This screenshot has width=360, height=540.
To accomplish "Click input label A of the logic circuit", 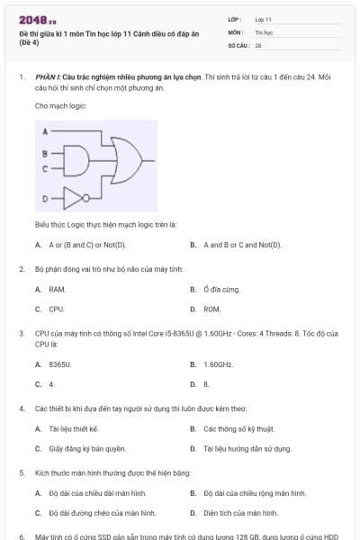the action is coord(44,131).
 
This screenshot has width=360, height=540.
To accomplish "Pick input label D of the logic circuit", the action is coord(44,197).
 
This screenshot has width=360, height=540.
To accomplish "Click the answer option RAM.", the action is coord(57,289).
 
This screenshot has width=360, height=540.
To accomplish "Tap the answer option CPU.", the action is coord(57,309).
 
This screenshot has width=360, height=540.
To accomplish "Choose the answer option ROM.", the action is coord(211,309).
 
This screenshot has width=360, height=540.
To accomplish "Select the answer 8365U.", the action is coord(59,364).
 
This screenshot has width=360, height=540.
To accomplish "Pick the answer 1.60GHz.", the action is coord(218,364).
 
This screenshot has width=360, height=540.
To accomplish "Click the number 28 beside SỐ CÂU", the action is coord(258,44).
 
